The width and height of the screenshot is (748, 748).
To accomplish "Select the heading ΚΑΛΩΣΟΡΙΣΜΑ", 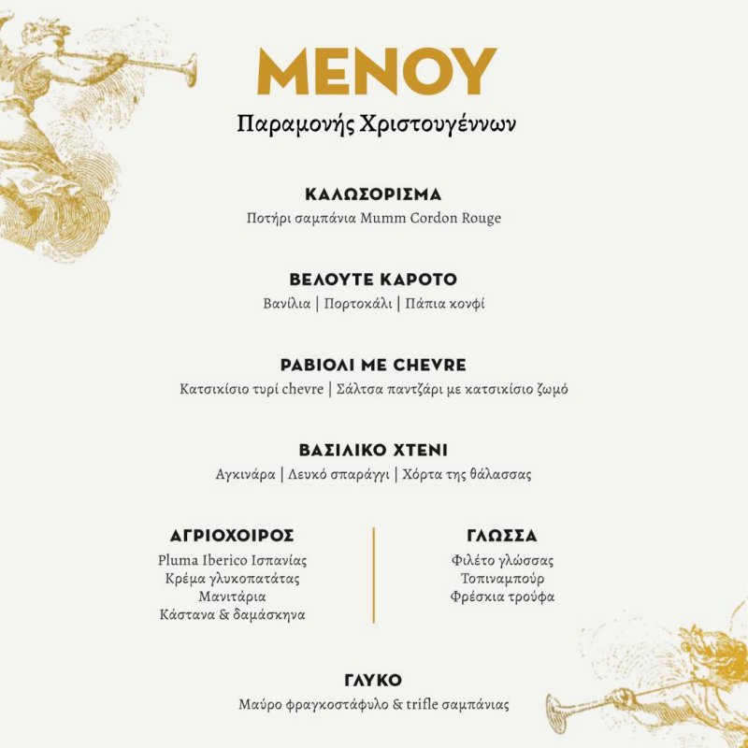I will coord(373,194).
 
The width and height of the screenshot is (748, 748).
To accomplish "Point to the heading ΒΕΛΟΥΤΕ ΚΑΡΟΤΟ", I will coord(373,280).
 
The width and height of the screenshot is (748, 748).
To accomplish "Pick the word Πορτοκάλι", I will coord(358,304).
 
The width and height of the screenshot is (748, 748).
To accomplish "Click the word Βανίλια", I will coord(286,304).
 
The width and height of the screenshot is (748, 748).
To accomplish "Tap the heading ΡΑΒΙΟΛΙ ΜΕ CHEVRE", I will coord(373,365).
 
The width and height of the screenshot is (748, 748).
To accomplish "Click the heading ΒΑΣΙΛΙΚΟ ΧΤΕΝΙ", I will coord(373,450).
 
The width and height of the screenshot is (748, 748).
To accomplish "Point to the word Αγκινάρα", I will coord(246,475).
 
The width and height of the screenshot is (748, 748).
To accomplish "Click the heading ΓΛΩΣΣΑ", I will coord(502,536).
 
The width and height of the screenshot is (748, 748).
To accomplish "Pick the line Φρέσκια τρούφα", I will coord(502,597).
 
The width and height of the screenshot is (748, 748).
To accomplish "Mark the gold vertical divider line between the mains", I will coord(374,574).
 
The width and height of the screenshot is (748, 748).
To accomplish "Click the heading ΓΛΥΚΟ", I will coord(373,680).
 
